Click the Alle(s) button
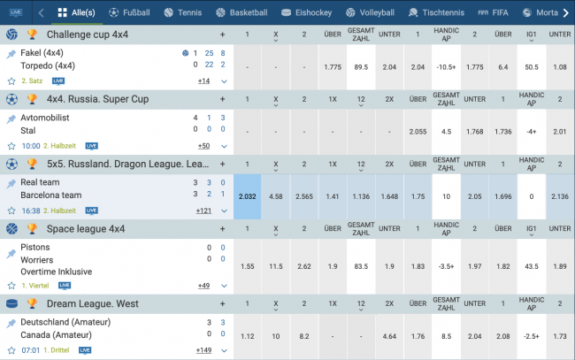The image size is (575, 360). (x=75, y=13)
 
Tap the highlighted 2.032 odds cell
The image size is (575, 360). (x=248, y=196)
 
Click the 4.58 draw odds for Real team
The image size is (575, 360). (x=276, y=196)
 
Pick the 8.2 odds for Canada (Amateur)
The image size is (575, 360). (x=304, y=336)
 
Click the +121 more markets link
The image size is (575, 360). (x=203, y=211)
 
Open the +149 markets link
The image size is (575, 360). (x=203, y=350)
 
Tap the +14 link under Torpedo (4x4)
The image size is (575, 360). (x=203, y=80)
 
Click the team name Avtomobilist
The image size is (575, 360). (x=44, y=118)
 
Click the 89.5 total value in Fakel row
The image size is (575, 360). (x=361, y=66)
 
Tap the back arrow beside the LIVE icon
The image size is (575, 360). (x=42, y=13)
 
